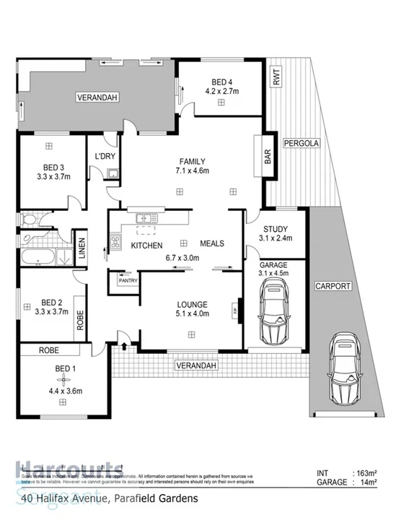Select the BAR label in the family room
tap(267, 157)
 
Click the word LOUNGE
tap(191, 304)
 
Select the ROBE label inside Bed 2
tap(80, 320)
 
